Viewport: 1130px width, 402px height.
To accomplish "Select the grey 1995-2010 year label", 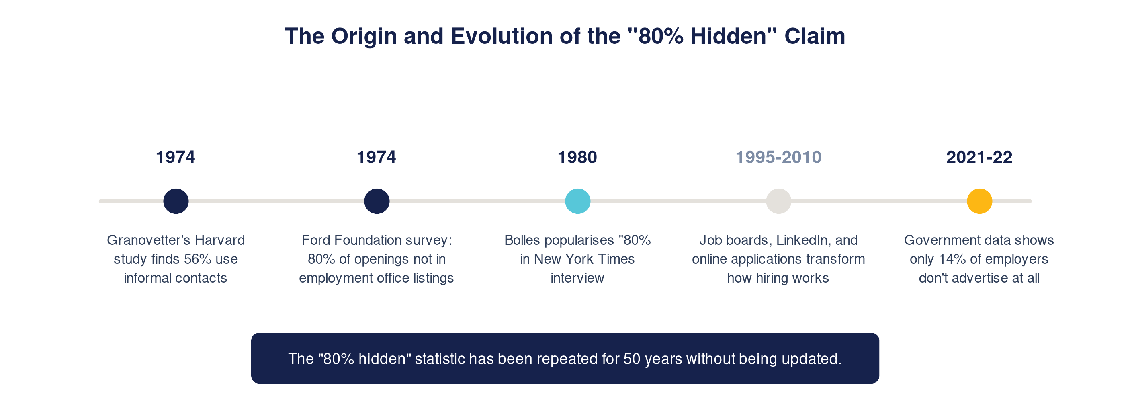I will pyautogui.click(x=778, y=157).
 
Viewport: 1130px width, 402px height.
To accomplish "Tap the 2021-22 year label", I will pyautogui.click(x=979, y=157).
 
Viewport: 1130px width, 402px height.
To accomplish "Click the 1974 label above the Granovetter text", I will pyautogui.click(x=176, y=157).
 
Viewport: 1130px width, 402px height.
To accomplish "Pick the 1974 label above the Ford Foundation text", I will pyautogui.click(x=377, y=157).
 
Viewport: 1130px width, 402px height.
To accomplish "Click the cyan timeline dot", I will pyautogui.click(x=577, y=201).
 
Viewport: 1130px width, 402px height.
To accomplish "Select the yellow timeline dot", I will pyautogui.click(x=980, y=201).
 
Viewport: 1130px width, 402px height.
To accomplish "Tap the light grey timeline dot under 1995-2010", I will pyautogui.click(x=779, y=201).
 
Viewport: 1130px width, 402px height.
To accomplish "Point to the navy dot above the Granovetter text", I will pyautogui.click(x=176, y=201).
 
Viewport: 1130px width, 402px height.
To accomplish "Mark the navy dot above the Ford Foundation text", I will pyautogui.click(x=377, y=201).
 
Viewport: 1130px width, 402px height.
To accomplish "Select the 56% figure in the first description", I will pyautogui.click(x=197, y=259).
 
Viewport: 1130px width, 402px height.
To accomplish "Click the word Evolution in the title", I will pyautogui.click(x=501, y=36).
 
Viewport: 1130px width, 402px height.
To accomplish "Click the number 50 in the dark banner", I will pyautogui.click(x=632, y=359).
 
